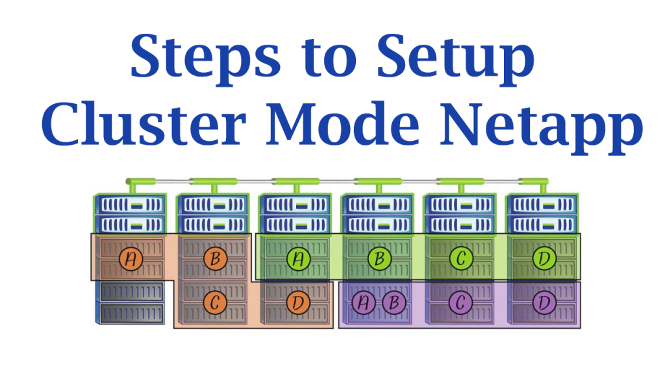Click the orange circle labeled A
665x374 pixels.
pyautogui.click(x=131, y=258)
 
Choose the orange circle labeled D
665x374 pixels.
pyautogui.click(x=297, y=302)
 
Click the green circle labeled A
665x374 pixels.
pyautogui.click(x=297, y=258)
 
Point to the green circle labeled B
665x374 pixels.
pyautogui.click(x=380, y=258)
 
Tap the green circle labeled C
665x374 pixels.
pyautogui.click(x=461, y=258)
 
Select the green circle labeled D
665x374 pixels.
pyautogui.click(x=544, y=258)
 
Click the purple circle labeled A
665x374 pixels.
pyautogui.click(x=364, y=302)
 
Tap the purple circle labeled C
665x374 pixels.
pyautogui.click(x=461, y=302)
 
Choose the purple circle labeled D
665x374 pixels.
pyautogui.click(x=544, y=302)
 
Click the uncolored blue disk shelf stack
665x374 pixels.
pyautogui.click(x=130, y=302)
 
